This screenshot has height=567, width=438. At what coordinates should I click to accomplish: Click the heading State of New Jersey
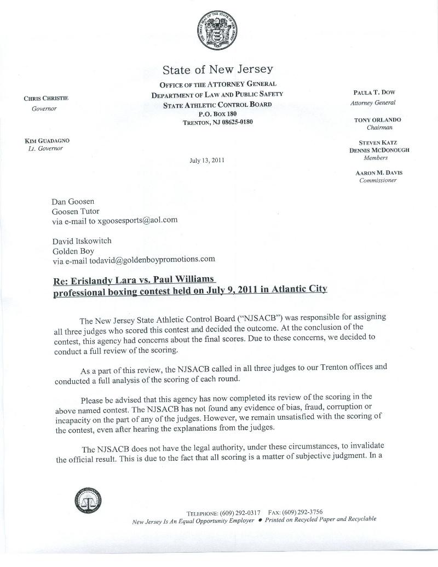click(x=217, y=70)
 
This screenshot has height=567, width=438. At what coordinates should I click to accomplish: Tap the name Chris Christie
click(x=46, y=99)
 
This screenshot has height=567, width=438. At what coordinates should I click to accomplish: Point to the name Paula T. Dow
click(x=374, y=93)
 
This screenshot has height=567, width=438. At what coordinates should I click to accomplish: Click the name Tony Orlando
click(x=377, y=119)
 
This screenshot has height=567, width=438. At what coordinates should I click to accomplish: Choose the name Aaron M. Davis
click(x=379, y=173)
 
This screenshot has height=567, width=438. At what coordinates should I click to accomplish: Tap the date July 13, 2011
click(x=206, y=161)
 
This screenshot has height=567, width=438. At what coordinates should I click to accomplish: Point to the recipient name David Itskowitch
click(x=82, y=240)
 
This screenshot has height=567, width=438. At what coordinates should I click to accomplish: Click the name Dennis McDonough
click(x=379, y=150)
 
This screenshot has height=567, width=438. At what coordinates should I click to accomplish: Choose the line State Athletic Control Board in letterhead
click(x=217, y=104)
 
